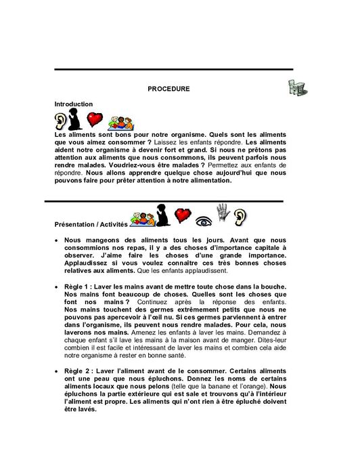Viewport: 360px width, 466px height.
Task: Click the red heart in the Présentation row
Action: (181, 216)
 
